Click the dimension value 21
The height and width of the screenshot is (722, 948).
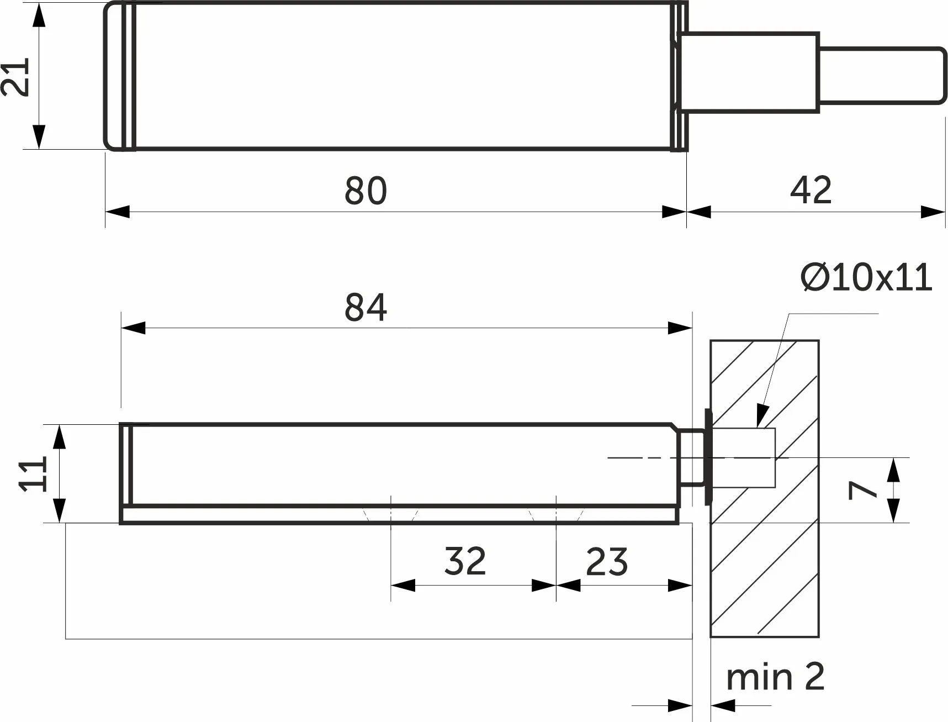(x=15, y=77)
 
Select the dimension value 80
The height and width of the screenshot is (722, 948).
(x=366, y=191)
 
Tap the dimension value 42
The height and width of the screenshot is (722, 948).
(x=811, y=190)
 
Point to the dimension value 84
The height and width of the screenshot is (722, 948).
(x=366, y=308)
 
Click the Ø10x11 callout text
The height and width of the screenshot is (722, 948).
(x=866, y=277)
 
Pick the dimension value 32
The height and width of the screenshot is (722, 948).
(x=465, y=561)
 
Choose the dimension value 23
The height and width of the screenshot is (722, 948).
(x=607, y=561)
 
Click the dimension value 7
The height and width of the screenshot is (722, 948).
(x=863, y=489)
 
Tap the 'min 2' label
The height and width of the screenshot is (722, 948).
(x=775, y=677)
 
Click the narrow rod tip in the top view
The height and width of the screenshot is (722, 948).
(x=882, y=75)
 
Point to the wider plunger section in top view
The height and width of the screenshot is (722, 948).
(x=748, y=72)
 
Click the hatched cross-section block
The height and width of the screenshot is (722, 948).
(x=764, y=488)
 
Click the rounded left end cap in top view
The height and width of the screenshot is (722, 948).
(x=119, y=76)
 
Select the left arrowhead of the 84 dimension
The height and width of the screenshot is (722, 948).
(x=133, y=328)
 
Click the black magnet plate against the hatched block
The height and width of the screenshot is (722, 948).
(x=708, y=457)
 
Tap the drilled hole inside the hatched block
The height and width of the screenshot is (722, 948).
(x=743, y=457)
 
